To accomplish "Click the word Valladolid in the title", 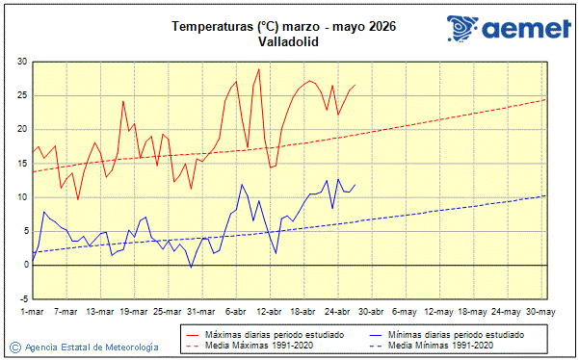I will pyautogui.click(x=289, y=41).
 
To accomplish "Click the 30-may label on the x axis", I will pyautogui.click(x=539, y=312).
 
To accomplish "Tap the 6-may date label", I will pyautogui.click(x=405, y=312).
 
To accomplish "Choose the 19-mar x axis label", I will pyautogui.click(x=134, y=312).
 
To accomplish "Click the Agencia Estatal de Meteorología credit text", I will pyautogui.click(x=91, y=347).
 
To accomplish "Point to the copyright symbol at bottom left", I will pyautogui.click(x=14, y=347).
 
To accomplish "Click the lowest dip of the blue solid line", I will pyautogui.click(x=191, y=268).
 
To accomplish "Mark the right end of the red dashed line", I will pyautogui.click(x=545, y=99).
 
